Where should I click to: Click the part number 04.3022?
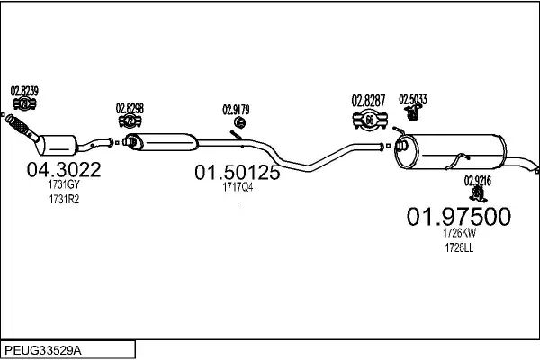pos(63,169)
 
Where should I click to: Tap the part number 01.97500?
pos(459,217)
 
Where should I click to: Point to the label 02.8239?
pos(24,89)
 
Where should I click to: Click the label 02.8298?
pos(130,108)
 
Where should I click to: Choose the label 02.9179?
pos(236,111)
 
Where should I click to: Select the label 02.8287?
pos(368,99)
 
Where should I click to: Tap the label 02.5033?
pos(414,99)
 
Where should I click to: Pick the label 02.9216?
pos(478,180)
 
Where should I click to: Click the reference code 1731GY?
pos(63,185)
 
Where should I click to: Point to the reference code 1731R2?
pos(63,199)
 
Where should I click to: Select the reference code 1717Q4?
pos(238,187)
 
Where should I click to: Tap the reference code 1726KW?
pos(459,233)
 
